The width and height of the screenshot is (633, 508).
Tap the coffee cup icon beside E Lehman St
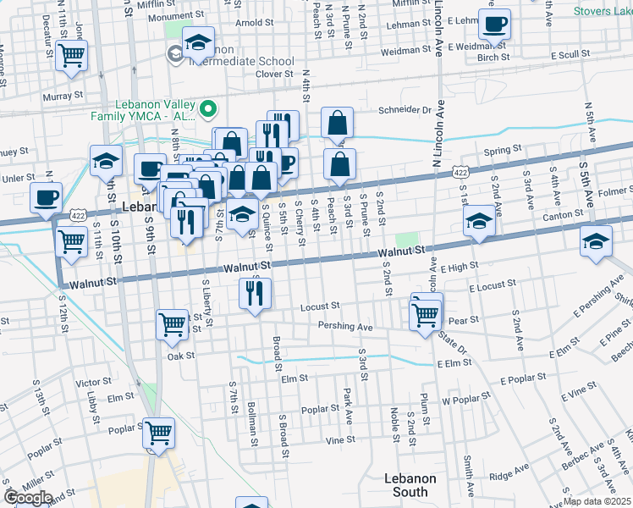tap(494, 25)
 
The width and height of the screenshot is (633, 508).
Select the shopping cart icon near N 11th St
tap(72, 57)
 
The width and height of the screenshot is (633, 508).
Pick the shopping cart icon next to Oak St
tap(172, 324)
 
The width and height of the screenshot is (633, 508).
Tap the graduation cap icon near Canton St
tap(479, 222)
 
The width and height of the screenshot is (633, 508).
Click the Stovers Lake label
tap(603, 11)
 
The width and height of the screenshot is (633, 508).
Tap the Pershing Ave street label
tap(345, 326)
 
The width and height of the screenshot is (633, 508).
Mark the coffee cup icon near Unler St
tap(46, 197)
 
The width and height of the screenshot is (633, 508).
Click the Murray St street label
tap(63, 97)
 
